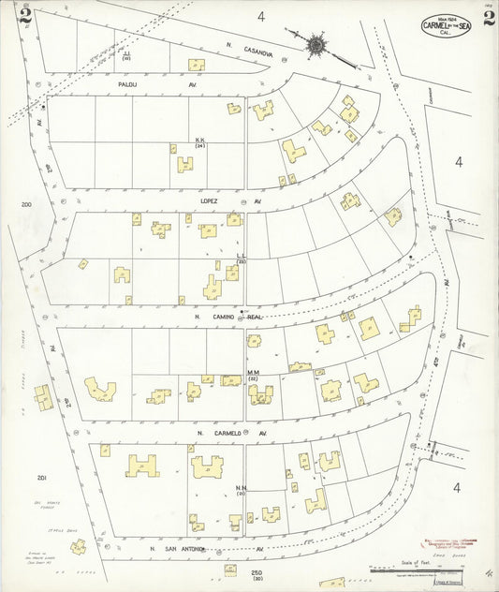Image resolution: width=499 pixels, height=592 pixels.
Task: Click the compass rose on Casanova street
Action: (316, 43)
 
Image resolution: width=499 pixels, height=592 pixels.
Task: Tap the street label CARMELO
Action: (229, 434)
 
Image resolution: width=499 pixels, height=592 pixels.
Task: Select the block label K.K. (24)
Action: (199, 142)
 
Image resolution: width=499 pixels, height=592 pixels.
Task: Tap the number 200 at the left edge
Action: (26, 203)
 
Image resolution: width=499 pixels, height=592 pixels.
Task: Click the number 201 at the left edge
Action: (41, 478)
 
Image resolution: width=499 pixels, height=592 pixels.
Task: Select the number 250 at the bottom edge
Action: (256, 572)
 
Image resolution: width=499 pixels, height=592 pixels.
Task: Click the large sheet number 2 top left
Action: (24, 16)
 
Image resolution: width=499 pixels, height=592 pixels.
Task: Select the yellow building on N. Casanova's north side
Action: (197, 65)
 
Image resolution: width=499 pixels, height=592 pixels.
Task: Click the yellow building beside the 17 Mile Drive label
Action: (78, 546)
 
